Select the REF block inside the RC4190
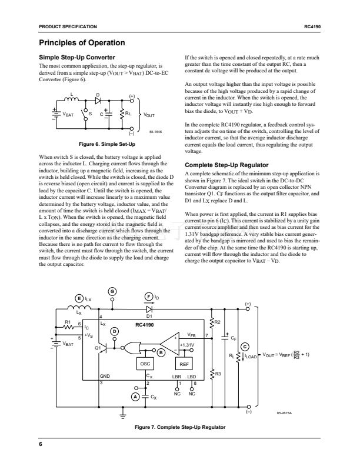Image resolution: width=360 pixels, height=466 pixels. (x=183, y=364)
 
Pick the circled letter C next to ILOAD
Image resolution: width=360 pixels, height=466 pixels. (x=245, y=346)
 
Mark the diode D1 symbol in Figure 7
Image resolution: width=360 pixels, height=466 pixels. (x=149, y=308)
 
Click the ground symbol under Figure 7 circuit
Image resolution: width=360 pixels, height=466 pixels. (x=123, y=415)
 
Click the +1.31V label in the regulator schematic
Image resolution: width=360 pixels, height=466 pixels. (x=186, y=345)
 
